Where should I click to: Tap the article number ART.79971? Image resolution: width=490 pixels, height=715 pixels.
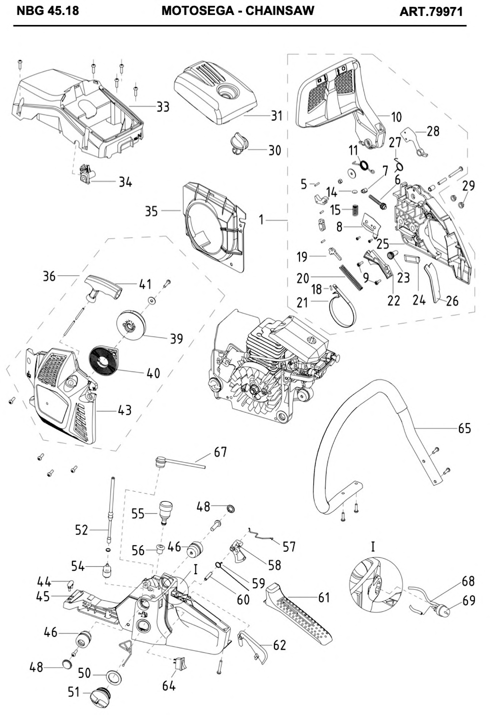point(431,12)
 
